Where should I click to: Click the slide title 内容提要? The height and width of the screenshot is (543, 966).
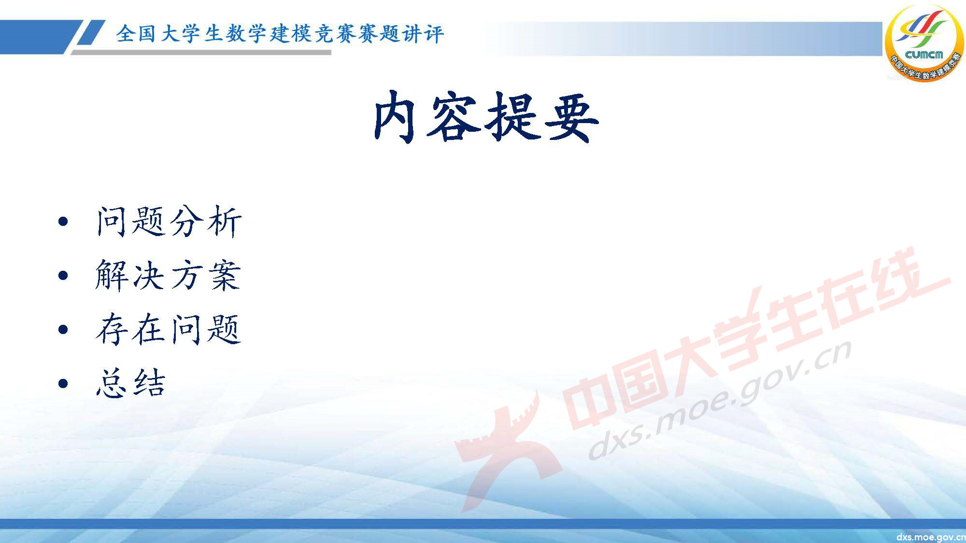coord(486,117)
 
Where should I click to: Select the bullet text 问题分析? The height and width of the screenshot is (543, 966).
coord(169,222)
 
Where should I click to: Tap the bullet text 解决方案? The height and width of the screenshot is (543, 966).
coord(168,276)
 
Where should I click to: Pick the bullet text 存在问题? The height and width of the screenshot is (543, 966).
coord(168,330)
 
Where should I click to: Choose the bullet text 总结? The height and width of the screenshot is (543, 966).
coord(131,383)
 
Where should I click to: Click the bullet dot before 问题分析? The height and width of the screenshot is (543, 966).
coord(63,222)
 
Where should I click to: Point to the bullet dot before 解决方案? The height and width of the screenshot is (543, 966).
coord(63,276)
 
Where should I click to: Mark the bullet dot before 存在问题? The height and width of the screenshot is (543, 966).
coord(63,330)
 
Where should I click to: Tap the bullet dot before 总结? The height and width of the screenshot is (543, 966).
coord(63,384)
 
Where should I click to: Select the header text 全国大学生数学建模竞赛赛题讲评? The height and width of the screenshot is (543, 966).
coord(280,34)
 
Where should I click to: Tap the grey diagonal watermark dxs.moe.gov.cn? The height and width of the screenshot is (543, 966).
coord(720,401)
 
